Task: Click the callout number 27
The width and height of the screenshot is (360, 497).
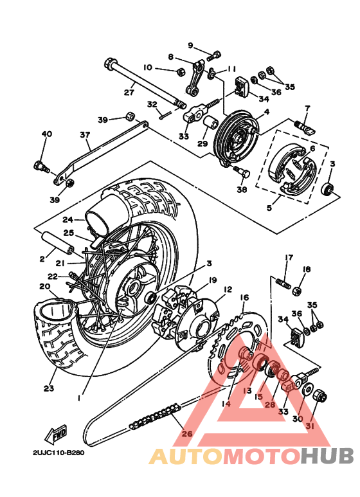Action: tap(129, 92)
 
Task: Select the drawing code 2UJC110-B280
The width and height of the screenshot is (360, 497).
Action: tap(58, 452)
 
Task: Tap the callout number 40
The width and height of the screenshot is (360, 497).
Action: tap(46, 134)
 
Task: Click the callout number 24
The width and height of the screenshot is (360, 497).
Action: tap(68, 219)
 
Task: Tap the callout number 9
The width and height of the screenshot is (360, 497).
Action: tap(190, 44)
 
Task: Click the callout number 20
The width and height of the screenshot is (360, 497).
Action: tap(44, 286)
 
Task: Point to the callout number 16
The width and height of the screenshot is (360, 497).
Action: tap(244, 297)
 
